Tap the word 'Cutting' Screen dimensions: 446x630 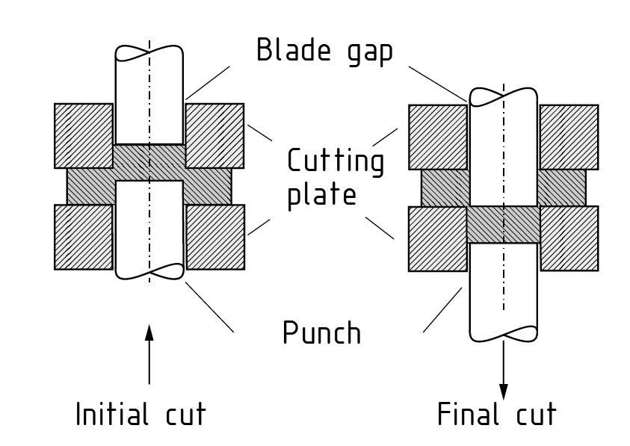pyautogui.click(x=336, y=162)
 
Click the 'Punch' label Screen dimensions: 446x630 pyautogui.click(x=322, y=332)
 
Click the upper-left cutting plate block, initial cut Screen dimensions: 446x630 pyautogui.click(x=84, y=135)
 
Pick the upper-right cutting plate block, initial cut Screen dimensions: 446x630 pyautogui.click(x=214, y=135)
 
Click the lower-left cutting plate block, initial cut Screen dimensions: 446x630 pyautogui.click(x=84, y=237)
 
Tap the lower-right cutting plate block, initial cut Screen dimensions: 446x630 pyautogui.click(x=214, y=237)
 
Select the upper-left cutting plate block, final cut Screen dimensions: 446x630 pyautogui.click(x=438, y=137)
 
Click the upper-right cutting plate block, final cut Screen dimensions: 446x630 pyautogui.click(x=569, y=137)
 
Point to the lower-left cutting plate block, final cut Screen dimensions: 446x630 pyautogui.click(x=437, y=238)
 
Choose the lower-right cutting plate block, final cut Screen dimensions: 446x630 pyautogui.click(x=569, y=238)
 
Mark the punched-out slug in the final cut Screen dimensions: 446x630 pyautogui.click(x=503, y=224)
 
